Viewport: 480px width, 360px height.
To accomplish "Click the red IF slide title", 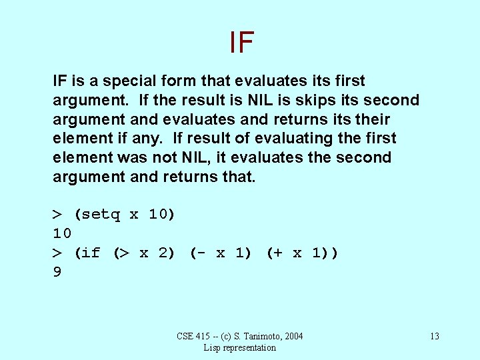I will pos(241,42).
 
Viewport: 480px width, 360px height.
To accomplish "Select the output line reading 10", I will pos(62,233).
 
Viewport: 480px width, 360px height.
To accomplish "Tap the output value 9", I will pos(57,272).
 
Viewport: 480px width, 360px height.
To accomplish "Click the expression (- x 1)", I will pos(221,253).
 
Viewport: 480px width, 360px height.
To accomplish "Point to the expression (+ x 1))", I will pos(302,253).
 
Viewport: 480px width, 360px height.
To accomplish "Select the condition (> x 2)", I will pos(144,253).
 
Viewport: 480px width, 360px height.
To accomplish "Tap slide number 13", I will pos(434,336).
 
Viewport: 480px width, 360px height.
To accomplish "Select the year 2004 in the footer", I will pos(293,336).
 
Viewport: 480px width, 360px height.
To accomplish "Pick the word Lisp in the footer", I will pos(213,347).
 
